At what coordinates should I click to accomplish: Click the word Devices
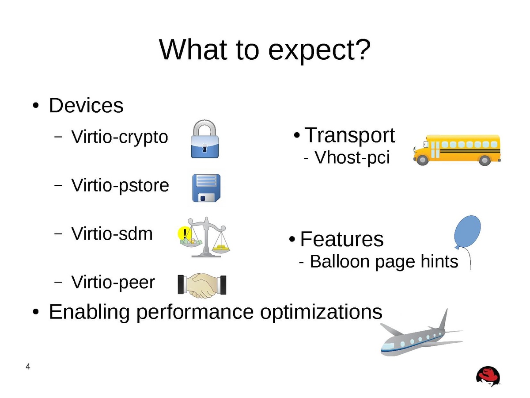point(86,105)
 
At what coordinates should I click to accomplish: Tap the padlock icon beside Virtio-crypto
point(205,139)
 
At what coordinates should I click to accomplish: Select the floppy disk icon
point(206,188)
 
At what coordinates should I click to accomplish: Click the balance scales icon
point(204,237)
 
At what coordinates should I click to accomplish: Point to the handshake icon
point(202,285)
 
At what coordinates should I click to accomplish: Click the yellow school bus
point(457,150)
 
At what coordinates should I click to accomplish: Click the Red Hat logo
point(488,376)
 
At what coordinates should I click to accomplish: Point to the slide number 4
point(28,367)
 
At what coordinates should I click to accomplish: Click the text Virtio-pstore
point(120,186)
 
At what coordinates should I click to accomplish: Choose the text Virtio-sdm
point(112,234)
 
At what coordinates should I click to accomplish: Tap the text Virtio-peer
point(113,282)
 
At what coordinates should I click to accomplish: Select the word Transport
point(350,135)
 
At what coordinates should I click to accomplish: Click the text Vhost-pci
point(352,157)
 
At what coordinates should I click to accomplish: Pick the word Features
point(342,239)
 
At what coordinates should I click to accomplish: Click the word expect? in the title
point(319,50)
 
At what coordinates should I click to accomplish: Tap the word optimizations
point(321,312)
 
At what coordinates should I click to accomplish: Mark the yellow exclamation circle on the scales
point(185,233)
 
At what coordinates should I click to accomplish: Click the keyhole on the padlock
point(205,148)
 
